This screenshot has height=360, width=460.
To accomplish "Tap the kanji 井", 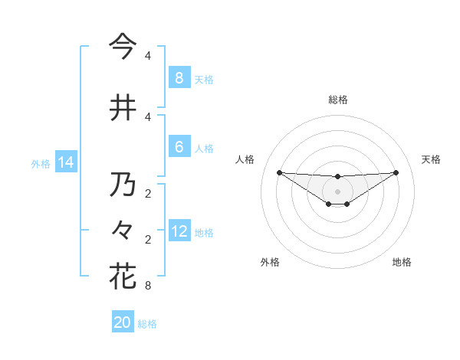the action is pos(122,107).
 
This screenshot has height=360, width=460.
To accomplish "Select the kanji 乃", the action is pos(122,185).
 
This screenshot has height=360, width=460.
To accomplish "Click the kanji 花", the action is pos(122,276).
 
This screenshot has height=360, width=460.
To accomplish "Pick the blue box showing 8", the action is pos(179,77).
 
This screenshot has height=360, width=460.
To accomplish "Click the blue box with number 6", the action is pos(179,147).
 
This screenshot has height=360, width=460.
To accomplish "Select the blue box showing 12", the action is pos(179,231).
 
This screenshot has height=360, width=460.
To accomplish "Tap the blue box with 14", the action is pos(65,162).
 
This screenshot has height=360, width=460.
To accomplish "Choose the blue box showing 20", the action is pos(123,322).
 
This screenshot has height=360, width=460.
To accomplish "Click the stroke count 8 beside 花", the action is pos(147,286).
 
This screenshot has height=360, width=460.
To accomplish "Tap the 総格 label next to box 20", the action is pos(147,324).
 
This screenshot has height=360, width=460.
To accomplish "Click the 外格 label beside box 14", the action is pos(41,163).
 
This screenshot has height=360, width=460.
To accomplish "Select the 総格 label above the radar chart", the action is pos(337,100).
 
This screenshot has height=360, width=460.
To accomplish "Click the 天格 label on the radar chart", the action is pos(431,159).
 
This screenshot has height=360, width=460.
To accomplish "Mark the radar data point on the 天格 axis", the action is pos(396,172).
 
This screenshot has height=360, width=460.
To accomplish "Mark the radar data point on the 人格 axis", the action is pos(279,172).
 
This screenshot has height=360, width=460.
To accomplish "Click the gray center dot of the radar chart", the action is pos(337,191).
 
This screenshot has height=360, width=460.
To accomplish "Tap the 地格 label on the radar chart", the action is pos(402,262).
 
